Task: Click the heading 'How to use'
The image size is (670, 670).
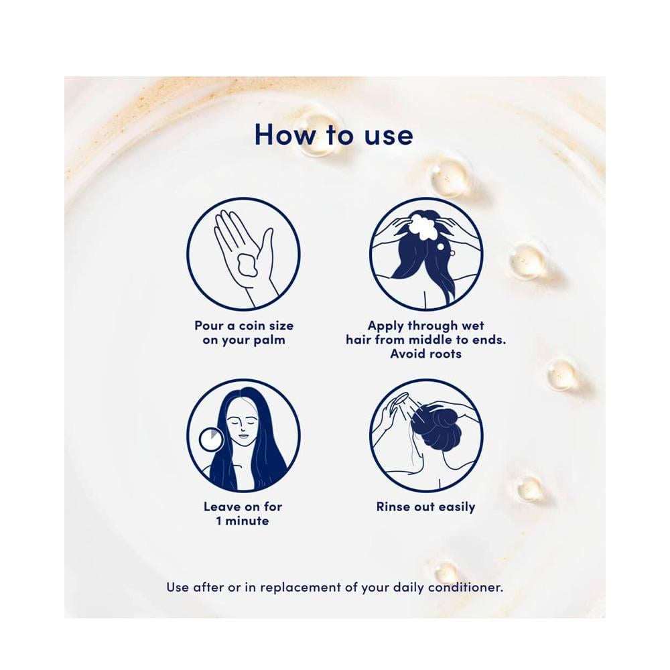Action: pyautogui.click(x=333, y=135)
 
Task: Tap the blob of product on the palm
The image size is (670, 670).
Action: pyautogui.click(x=247, y=265)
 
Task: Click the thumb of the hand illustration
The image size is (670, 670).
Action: pyautogui.click(x=267, y=248)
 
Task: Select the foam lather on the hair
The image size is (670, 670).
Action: pyautogui.click(x=423, y=225)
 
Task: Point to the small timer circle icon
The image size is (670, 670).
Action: pyautogui.click(x=212, y=440)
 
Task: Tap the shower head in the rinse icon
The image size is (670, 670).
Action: pyautogui.click(x=398, y=402)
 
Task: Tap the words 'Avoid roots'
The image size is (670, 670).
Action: pyautogui.click(x=425, y=354)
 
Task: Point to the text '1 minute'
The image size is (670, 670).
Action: pyautogui.click(x=243, y=521)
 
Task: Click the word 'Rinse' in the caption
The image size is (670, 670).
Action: pyautogui.click(x=393, y=507)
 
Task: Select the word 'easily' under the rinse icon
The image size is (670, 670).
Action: pyautogui.click(x=456, y=508)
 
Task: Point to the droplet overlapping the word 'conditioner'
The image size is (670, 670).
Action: pyautogui.click(x=446, y=572)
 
